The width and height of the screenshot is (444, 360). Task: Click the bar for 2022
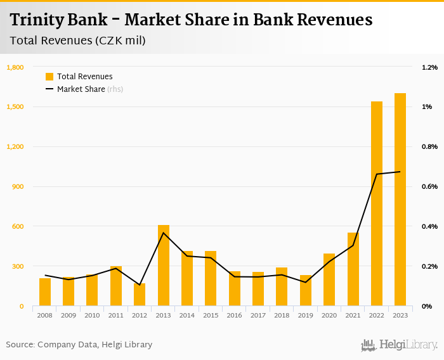click(377, 203)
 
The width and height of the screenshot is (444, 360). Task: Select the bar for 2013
click(164, 266)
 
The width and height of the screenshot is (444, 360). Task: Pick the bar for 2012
click(140, 295)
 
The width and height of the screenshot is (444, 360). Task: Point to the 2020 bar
click(329, 280)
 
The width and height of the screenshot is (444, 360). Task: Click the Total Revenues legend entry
click(84, 77)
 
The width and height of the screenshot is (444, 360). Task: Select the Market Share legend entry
click(81, 89)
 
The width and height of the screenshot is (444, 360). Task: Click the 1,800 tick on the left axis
click(15, 67)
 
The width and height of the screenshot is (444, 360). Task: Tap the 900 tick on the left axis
click(17, 186)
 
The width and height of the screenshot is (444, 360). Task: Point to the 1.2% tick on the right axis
click(429, 67)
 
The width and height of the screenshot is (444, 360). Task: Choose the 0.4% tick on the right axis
click(429, 226)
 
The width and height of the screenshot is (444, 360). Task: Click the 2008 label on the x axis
click(44, 315)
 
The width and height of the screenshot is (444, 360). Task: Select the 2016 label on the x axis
click(235, 315)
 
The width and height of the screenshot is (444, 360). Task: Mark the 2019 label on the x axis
click(306, 315)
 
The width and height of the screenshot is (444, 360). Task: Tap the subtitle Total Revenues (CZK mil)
click(78, 41)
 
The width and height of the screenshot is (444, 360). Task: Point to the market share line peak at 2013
click(164, 233)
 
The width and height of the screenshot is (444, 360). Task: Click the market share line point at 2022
click(377, 174)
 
